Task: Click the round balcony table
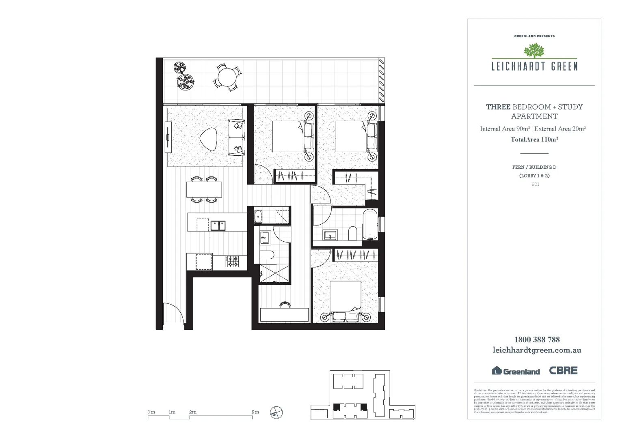(227, 76)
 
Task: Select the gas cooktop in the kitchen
(232, 261)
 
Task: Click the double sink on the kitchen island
(218, 225)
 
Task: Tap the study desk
(284, 315)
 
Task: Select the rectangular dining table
(204, 189)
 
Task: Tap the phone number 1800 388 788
(537, 339)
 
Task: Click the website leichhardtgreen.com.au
(536, 350)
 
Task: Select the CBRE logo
(563, 370)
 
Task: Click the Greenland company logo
(516, 371)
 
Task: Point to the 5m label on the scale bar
(255, 412)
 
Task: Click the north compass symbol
(276, 412)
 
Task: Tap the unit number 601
(535, 184)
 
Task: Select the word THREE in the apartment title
(498, 107)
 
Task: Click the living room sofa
(237, 137)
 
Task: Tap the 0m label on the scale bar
(151, 412)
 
